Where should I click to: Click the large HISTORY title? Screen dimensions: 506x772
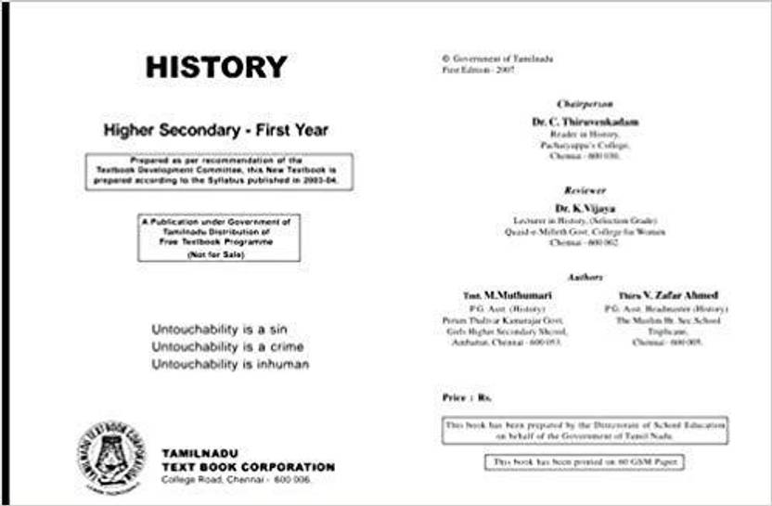[216, 68]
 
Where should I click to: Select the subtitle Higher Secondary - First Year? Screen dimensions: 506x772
[216, 131]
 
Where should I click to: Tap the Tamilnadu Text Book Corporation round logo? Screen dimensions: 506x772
[110, 456]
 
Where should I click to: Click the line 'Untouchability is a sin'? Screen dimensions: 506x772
[209, 330]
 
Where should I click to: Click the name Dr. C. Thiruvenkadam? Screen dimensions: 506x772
[585, 122]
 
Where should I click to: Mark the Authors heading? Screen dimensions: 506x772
[585, 277]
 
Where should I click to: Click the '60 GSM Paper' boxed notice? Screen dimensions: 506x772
[585, 461]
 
